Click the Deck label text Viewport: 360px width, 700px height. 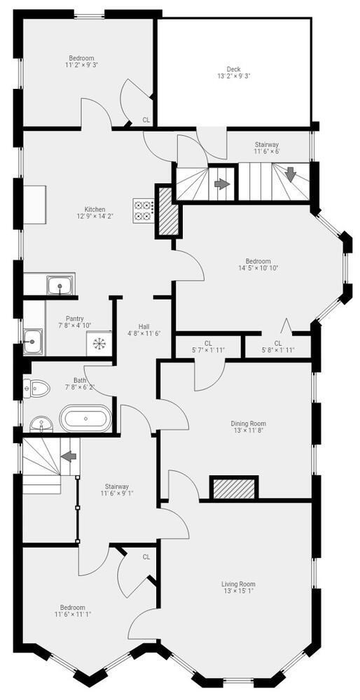click(x=234, y=69)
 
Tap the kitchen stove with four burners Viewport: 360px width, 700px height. click(x=144, y=211)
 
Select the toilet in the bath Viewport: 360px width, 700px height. click(x=36, y=388)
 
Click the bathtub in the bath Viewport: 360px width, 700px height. click(x=85, y=419)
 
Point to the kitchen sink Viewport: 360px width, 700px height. click(x=61, y=285)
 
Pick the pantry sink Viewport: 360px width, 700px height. click(x=33, y=342)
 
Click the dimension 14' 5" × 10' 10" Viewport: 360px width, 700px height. click(x=258, y=268)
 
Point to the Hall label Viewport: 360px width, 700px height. click(x=144, y=326)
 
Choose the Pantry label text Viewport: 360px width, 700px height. click(x=74, y=318)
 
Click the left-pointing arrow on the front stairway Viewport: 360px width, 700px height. click(x=69, y=456)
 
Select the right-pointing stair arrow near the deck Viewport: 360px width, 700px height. click(x=221, y=183)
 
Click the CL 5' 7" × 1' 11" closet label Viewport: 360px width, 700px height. click(x=208, y=346)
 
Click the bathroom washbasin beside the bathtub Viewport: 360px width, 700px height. click(x=41, y=424)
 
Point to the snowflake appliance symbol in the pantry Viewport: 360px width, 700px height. click(x=98, y=343)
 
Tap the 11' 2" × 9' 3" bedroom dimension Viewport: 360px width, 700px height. click(x=81, y=64)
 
